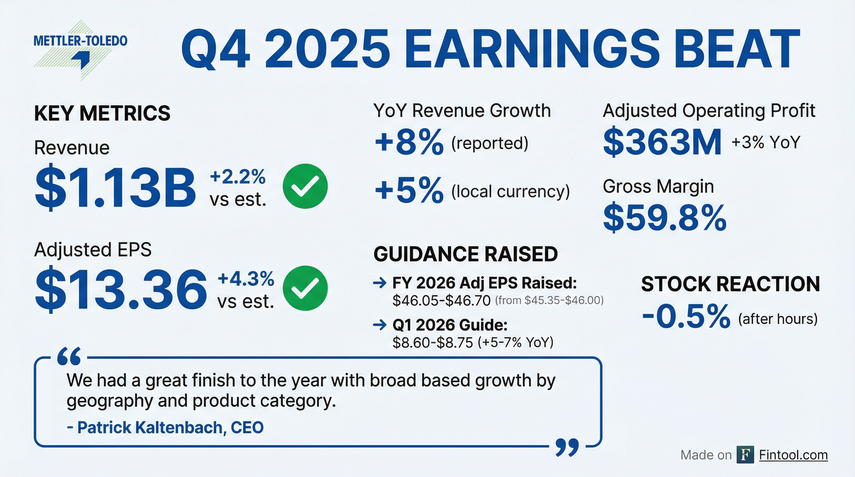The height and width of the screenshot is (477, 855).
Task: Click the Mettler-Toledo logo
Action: tap(81, 50)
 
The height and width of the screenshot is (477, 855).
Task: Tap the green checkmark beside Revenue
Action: tap(305, 186)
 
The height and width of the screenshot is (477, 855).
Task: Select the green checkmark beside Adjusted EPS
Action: tap(305, 288)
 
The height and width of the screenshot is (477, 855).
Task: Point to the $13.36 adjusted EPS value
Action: tap(121, 289)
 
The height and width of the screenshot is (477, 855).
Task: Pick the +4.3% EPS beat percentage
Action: tap(246, 278)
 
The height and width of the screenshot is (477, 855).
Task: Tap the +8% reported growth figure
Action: tap(409, 142)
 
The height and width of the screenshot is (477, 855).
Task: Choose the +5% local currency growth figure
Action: tap(409, 190)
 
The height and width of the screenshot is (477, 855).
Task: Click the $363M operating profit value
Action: tap(662, 142)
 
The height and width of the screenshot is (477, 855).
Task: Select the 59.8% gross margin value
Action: tap(665, 218)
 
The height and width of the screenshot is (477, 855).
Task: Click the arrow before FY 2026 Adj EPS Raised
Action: tap(380, 283)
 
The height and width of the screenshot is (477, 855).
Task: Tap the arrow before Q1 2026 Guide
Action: tap(380, 325)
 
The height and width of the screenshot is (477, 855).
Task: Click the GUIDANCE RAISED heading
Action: tap(466, 254)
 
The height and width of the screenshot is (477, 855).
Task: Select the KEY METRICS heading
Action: tap(102, 113)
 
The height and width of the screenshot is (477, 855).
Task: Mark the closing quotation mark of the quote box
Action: tap(567, 447)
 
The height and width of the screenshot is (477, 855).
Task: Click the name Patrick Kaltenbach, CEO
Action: tap(165, 427)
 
